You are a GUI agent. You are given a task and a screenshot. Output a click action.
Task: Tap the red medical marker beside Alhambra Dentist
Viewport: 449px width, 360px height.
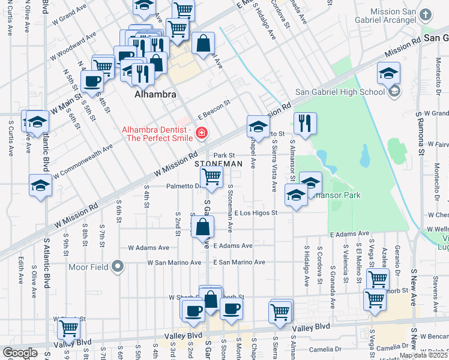point(202,133)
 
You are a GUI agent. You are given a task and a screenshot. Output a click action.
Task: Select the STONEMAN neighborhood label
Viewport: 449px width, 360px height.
point(219,164)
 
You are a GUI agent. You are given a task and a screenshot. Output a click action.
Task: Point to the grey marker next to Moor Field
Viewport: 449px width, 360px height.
point(119,265)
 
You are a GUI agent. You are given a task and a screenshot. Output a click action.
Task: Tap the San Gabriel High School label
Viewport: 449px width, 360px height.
point(339,92)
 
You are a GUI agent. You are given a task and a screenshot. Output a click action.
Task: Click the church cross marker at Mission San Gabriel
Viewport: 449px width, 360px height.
point(426,15)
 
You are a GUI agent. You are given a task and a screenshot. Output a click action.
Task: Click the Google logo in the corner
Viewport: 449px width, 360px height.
point(20,353)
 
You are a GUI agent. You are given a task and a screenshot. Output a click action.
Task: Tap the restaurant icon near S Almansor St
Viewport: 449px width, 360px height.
point(305,123)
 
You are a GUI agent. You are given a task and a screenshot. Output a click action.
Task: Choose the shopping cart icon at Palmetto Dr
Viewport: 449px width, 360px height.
point(211,176)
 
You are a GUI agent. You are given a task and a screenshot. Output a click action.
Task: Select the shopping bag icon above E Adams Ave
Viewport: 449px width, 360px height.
point(203,226)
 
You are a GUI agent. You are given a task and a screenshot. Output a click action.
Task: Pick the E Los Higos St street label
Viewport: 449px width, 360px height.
point(256,213)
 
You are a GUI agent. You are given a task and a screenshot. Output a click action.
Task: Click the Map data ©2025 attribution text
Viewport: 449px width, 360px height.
point(424,355)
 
